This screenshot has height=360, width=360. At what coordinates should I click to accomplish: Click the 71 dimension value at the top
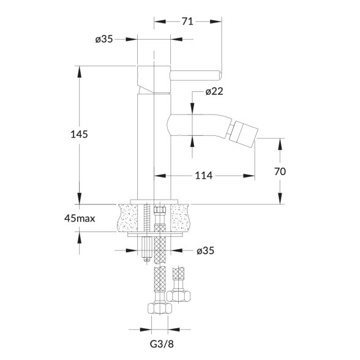(x=187, y=21)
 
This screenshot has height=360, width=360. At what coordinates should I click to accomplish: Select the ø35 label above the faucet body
(x=104, y=39)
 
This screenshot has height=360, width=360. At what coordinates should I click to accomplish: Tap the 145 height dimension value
(x=79, y=134)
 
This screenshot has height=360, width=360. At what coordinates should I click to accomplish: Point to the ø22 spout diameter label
(x=214, y=92)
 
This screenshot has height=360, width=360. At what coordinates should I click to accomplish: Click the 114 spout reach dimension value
(x=204, y=176)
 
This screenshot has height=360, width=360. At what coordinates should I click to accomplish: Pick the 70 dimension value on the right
(x=280, y=171)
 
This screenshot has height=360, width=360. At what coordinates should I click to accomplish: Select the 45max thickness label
(x=80, y=219)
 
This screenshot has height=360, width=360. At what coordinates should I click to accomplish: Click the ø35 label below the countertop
(x=205, y=250)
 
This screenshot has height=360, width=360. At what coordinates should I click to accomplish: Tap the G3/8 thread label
(x=162, y=344)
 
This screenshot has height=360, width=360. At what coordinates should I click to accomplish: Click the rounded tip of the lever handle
(x=220, y=75)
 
